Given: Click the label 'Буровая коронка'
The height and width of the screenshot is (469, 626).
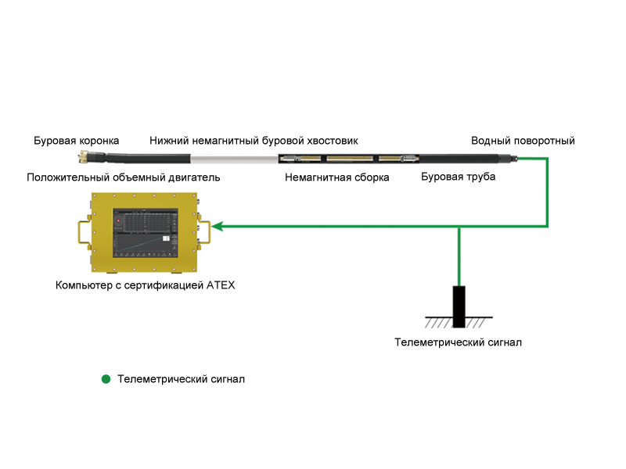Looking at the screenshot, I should [x=76, y=141].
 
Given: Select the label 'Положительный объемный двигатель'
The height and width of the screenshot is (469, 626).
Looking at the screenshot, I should [x=123, y=177].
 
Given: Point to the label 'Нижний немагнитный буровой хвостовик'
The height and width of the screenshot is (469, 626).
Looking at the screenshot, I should [x=254, y=141].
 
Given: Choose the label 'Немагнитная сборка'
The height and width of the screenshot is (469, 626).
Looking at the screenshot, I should [x=337, y=177].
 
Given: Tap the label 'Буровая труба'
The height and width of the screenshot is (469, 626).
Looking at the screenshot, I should [x=458, y=177].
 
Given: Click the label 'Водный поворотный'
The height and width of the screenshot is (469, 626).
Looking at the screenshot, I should [x=523, y=141].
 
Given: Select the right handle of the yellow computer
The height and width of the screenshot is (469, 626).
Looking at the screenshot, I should [x=205, y=232].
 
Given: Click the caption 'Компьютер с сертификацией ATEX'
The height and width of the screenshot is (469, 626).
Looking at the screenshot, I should [x=146, y=285].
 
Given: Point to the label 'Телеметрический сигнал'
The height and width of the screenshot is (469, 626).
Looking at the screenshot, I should [x=458, y=342].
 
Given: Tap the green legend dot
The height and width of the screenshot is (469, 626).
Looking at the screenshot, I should [x=106, y=380].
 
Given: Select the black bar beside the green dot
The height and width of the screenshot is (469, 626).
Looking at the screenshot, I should [x=181, y=380].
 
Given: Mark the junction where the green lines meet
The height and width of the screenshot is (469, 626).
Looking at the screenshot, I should [x=459, y=227].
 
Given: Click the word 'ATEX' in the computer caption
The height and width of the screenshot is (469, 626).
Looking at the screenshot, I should [x=221, y=285].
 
